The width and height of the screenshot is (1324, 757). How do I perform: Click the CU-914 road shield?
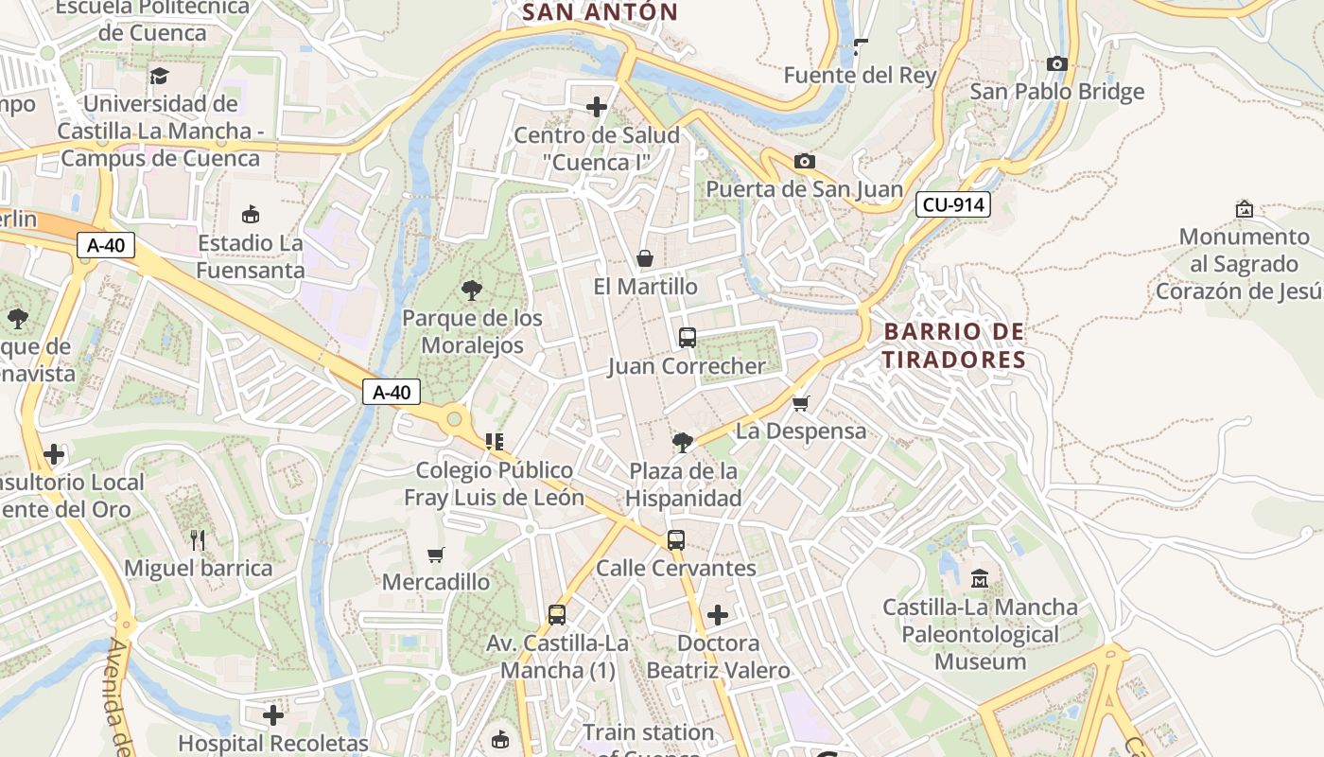click(952, 204)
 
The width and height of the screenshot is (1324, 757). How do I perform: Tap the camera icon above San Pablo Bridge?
click(1057, 64)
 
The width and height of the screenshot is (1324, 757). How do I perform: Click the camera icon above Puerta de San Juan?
click(805, 162)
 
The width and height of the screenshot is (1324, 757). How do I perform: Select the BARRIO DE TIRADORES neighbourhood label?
click(953, 345)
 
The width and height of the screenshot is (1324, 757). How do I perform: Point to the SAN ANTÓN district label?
click(601, 12)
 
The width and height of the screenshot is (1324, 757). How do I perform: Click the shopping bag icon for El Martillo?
click(645, 258)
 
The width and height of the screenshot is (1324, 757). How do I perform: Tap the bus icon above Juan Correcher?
click(688, 338)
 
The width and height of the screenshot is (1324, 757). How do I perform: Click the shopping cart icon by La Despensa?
click(801, 404)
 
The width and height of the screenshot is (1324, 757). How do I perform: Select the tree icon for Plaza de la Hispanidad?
click(682, 443)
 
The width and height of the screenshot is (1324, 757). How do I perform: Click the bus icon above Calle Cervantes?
click(676, 540)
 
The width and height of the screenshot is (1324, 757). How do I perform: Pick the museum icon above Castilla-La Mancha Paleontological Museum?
click(980, 578)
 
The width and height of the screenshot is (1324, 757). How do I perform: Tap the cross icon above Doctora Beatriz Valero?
click(718, 615)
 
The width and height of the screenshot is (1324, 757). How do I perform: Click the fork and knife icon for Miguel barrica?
click(198, 540)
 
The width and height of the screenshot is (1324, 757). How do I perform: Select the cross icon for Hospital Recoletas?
click(273, 715)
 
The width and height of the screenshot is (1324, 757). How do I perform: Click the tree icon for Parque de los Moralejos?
click(471, 290)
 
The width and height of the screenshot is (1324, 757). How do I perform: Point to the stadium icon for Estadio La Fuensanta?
click(251, 215)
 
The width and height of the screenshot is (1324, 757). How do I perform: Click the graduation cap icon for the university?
click(159, 76)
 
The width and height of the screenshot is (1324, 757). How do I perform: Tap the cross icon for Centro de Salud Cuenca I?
click(597, 107)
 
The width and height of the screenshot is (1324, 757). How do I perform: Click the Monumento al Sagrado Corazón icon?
click(1245, 208)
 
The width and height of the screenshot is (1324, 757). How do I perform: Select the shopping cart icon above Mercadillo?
click(436, 555)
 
